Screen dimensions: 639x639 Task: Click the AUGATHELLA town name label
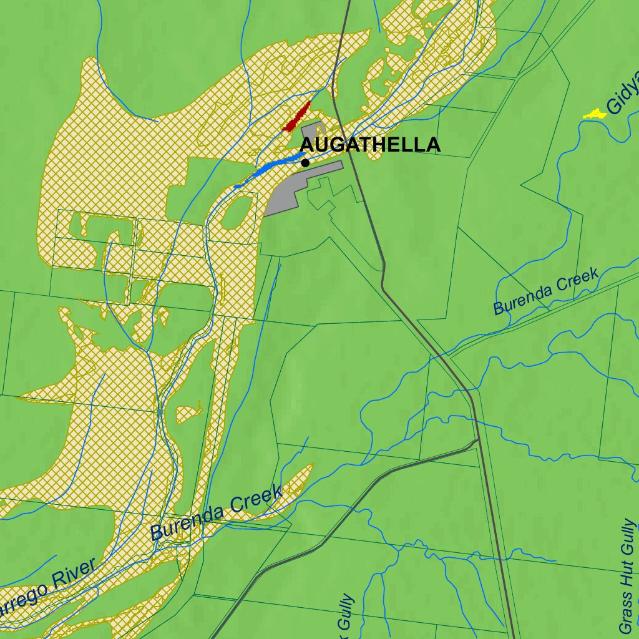[x=371, y=145]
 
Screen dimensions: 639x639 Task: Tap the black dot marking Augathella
[x=305, y=163]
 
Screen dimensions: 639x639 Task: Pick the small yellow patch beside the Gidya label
[x=595, y=114]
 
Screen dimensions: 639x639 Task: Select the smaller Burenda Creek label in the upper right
[x=546, y=291]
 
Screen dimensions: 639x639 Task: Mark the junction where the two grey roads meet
[x=478, y=440]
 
